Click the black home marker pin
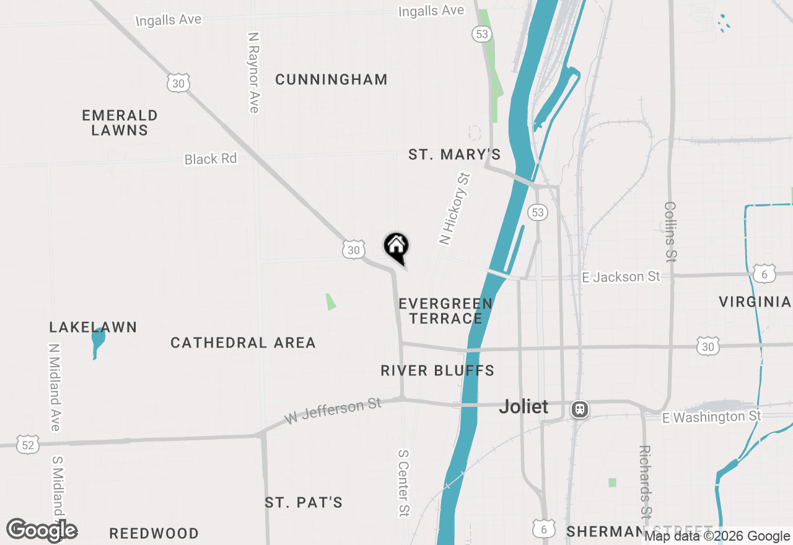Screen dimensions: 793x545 click(396, 246)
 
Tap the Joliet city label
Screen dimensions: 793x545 click(524, 407)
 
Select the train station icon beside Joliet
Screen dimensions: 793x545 click(580, 409)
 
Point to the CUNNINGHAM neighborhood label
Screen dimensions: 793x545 click(331, 80)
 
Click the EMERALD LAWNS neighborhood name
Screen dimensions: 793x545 click(120, 123)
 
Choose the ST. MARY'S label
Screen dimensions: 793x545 click(455, 155)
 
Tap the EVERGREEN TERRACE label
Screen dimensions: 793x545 click(446, 311)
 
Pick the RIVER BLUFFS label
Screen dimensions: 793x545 click(437, 371)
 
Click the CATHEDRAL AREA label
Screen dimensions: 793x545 click(243, 343)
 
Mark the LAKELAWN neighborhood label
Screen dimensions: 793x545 click(94, 328)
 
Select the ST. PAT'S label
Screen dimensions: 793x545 click(304, 502)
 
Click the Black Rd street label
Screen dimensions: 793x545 click(211, 159)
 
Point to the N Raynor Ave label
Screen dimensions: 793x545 click(253, 73)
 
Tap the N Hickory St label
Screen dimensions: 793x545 click(455, 209)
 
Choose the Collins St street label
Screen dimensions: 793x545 click(670, 230)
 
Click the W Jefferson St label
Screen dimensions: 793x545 click(333, 412)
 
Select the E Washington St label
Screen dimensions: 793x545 click(711, 417)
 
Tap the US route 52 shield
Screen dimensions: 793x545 click(28, 444)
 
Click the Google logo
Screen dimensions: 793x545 click(42, 531)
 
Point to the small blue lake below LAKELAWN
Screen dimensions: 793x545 click(97, 342)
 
